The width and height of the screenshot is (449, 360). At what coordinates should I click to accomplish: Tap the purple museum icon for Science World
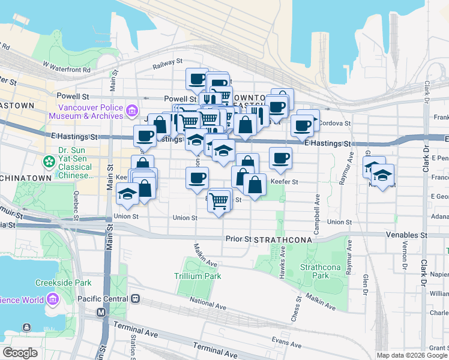point(52,299)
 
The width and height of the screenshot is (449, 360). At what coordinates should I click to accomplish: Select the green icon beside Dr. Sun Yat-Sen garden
point(47,161)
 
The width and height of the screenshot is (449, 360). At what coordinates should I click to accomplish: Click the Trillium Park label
point(197,276)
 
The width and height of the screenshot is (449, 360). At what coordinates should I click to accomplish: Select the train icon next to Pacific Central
point(136,298)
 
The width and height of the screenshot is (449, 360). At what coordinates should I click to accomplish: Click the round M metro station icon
point(101,313)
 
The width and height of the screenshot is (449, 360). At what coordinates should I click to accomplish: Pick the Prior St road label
point(237,238)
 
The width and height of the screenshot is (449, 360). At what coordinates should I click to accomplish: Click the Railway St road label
point(167,62)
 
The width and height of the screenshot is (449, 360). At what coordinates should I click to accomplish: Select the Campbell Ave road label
point(316,205)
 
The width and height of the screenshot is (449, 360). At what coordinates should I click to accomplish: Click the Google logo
point(20,353)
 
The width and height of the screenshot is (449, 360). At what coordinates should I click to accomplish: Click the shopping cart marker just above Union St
point(219,200)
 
